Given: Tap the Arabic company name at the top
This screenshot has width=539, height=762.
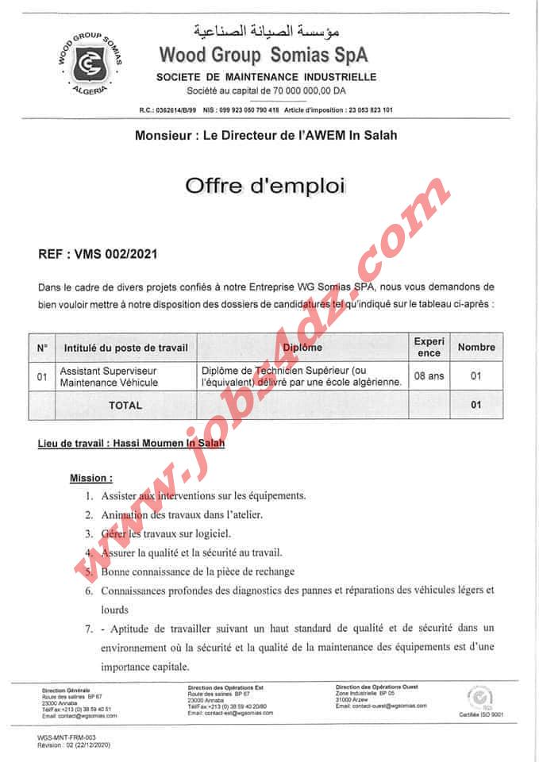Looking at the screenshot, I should [x=265, y=33].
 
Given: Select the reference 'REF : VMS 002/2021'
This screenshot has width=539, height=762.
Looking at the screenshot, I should [x=98, y=255].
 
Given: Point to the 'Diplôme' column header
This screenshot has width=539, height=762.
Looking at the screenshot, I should [x=302, y=347].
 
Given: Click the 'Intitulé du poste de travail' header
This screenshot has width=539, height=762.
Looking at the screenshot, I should [x=125, y=347].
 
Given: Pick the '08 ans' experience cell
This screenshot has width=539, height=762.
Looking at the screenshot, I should [x=429, y=375].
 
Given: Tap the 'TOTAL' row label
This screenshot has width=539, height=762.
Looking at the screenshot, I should [x=125, y=405].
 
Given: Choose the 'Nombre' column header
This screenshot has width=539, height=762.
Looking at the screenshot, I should [x=476, y=347].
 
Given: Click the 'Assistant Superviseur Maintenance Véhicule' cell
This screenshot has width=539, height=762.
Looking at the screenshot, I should [x=110, y=376].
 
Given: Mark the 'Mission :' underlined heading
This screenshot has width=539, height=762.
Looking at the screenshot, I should [x=91, y=478].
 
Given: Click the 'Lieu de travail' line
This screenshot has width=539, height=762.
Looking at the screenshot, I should [x=131, y=444].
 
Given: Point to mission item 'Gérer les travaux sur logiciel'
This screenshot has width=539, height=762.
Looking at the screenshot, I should [x=165, y=533].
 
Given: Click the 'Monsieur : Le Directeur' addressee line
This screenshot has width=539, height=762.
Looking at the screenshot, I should [x=266, y=136].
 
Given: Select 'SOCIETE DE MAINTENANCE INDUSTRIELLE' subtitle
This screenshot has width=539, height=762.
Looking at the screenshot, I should [x=266, y=77].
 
